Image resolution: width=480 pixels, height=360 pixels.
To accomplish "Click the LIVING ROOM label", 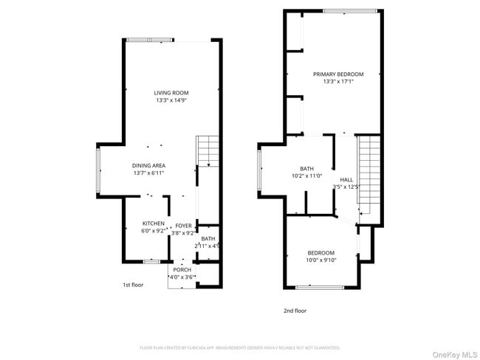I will coord(171,93).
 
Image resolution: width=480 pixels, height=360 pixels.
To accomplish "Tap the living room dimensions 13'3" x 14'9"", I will coord(171,100).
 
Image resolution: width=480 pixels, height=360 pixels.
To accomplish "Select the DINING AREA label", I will coord(148,165).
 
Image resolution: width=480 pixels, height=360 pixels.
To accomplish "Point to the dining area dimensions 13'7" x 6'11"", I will coord(148,173).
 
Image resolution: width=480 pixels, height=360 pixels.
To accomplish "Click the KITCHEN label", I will coord(154,224).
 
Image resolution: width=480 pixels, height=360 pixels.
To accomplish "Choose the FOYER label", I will coord(183,225).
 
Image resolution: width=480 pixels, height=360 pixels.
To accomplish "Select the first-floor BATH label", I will coord(208,238).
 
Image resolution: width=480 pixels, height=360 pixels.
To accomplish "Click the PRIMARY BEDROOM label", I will coord(338,74).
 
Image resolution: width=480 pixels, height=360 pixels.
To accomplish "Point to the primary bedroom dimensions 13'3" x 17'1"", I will coord(338,81).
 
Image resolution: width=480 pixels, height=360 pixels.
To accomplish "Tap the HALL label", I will coord(346,179).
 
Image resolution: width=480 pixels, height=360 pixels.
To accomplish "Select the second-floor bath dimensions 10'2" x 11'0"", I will coord(306,176).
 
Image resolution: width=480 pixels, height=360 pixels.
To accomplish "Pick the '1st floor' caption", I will coord(133,285).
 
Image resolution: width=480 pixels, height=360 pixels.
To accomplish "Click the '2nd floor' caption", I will coord(295,311).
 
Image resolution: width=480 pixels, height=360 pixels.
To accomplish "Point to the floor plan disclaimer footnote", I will coord(239,347).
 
